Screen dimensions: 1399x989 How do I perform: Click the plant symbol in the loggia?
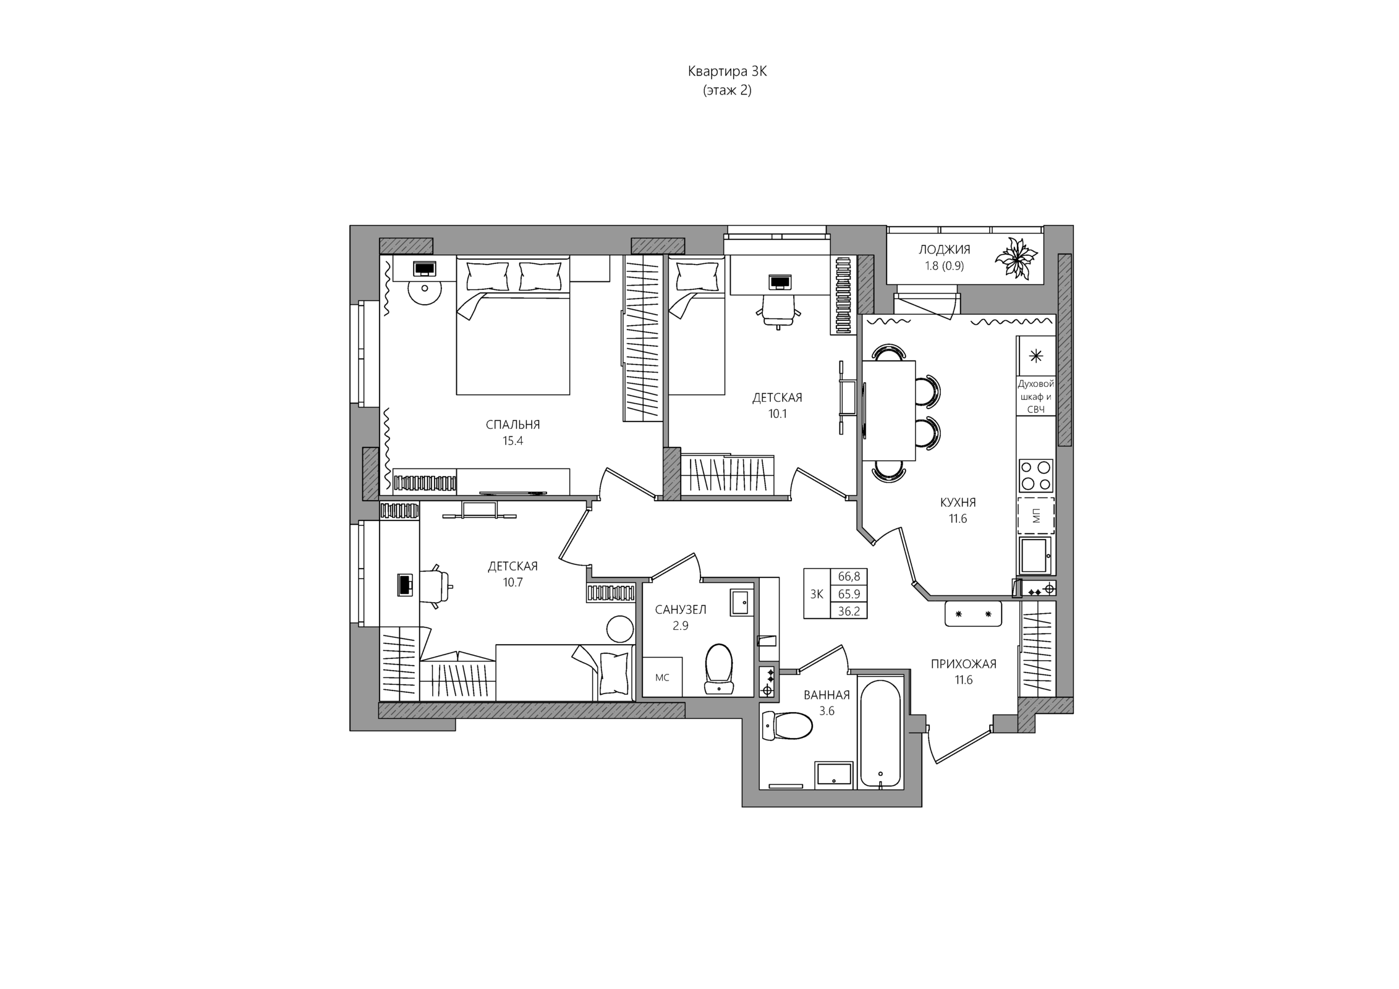point(1015,258)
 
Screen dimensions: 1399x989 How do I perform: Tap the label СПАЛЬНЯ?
point(512,425)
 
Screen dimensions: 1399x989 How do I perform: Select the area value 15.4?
point(512,441)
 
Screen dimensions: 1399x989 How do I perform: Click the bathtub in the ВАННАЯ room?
point(880,734)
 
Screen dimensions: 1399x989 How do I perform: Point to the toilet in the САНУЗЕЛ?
point(718,669)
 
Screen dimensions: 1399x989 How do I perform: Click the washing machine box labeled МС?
point(662,677)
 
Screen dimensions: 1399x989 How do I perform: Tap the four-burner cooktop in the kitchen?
point(1036,475)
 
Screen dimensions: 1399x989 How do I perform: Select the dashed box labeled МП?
point(1036,516)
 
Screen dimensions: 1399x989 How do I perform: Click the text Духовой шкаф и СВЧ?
point(1035,397)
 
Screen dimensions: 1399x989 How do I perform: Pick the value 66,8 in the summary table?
point(849,577)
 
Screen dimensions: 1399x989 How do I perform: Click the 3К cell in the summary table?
point(817,594)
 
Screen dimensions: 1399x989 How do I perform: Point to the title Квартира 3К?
point(727,72)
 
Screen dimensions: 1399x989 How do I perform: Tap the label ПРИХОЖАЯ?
point(964,664)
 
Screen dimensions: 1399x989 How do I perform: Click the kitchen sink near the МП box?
point(1035,555)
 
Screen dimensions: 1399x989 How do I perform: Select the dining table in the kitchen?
point(888,410)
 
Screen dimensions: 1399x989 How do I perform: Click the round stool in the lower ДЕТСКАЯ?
point(620,629)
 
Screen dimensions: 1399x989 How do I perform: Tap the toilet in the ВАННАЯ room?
point(786,726)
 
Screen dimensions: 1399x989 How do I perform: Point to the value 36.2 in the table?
point(849,611)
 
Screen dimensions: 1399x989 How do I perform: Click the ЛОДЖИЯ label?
point(944,250)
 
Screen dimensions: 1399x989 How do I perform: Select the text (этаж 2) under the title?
point(727,90)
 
